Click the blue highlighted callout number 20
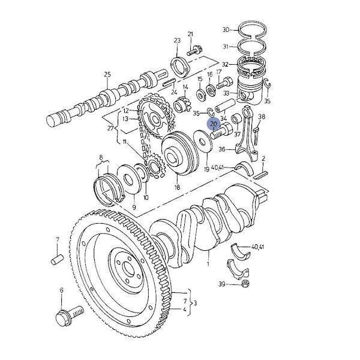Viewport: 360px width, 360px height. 214,124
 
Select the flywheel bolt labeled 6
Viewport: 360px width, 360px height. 70,315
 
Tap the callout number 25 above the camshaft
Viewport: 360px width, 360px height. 107,74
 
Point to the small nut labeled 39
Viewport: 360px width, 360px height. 245,284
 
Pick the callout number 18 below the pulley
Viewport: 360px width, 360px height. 177,187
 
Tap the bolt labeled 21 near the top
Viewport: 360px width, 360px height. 194,51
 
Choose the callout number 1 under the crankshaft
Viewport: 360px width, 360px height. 208,264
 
